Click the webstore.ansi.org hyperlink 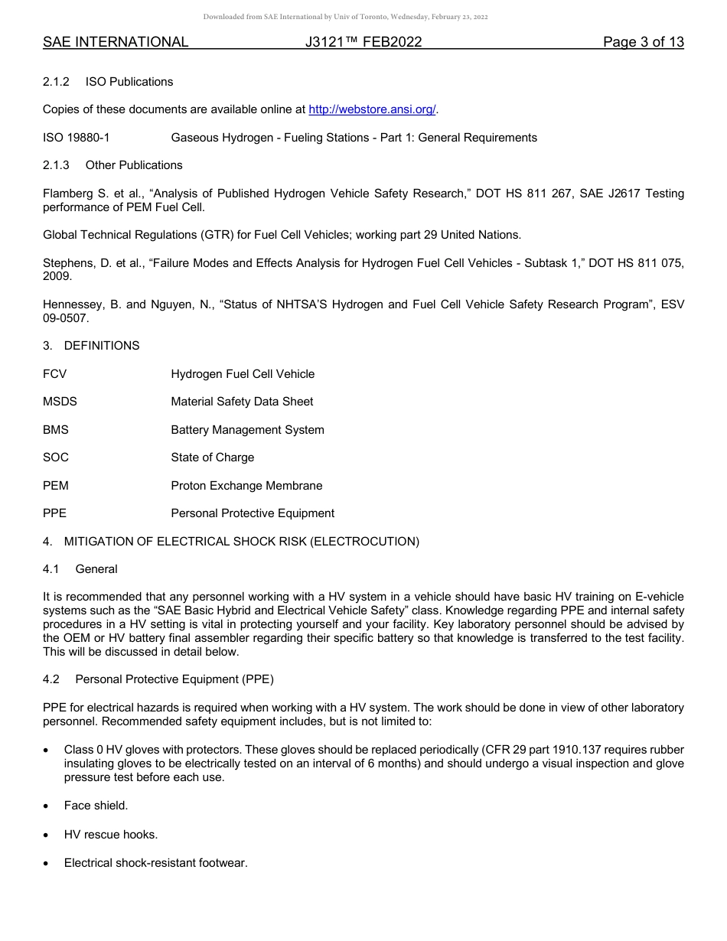click(x=372, y=109)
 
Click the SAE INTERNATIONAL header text click(x=116, y=42)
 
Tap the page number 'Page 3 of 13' click(x=643, y=42)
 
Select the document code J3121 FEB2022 click(x=363, y=42)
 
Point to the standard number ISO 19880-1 click(x=77, y=138)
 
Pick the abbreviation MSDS click(x=60, y=402)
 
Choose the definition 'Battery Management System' click(x=247, y=430)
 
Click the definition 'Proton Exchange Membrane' click(x=246, y=486)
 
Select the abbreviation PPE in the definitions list click(x=55, y=513)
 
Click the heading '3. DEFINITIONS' click(x=91, y=346)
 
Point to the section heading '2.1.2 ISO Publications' click(x=108, y=82)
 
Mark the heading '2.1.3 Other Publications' click(x=112, y=165)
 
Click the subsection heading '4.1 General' click(x=80, y=569)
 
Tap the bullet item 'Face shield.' click(x=96, y=806)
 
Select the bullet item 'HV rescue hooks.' click(x=111, y=835)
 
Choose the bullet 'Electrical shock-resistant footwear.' click(x=155, y=863)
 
